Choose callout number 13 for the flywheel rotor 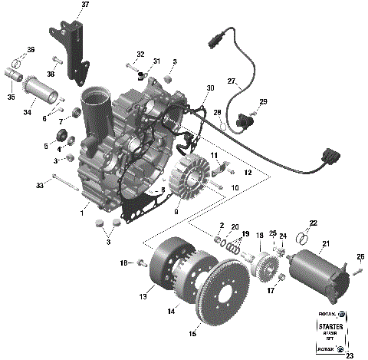pyautogui.click(x=143, y=295)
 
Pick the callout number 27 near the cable pyautogui.click(x=231, y=81)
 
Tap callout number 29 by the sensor pyautogui.click(x=264, y=102)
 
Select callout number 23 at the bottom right pyautogui.click(x=350, y=355)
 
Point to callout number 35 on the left pyautogui.click(x=11, y=97)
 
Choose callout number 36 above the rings pyautogui.click(x=31, y=50)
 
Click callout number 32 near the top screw pyautogui.click(x=140, y=54)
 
